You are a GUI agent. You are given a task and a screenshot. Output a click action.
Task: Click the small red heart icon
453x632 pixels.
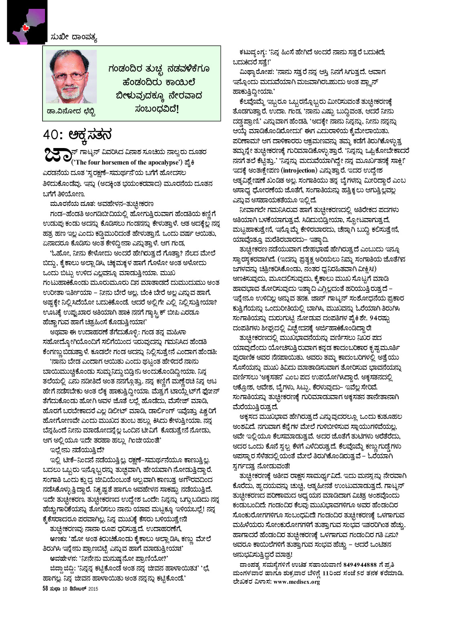tap(25, 27)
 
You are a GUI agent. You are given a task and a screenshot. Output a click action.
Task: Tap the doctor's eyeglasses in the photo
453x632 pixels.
tap(72, 76)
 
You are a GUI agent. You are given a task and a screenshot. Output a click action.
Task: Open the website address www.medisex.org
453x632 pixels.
tap(296, 582)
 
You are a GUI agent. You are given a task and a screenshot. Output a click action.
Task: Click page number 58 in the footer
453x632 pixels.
tap(45, 588)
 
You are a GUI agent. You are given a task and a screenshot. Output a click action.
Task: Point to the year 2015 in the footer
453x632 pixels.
tap(93, 589)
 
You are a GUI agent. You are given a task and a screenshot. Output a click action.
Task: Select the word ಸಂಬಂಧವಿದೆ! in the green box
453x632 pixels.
tap(157, 109)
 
